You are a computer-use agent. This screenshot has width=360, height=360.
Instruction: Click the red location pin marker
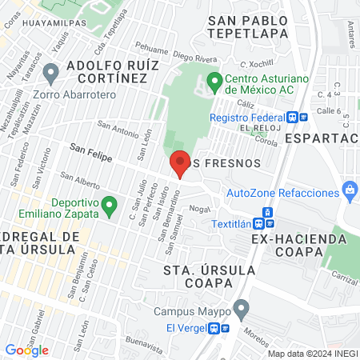coord(180,163)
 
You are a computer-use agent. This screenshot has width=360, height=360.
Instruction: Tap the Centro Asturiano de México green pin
coord(214,81)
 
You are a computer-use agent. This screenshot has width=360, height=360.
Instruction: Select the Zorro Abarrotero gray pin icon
coord(51,74)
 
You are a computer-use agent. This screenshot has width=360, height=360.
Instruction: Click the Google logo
coord(26,350)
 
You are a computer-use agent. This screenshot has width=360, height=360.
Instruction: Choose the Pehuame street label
coord(154,58)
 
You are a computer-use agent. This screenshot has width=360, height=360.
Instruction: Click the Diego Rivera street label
coord(194,58)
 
